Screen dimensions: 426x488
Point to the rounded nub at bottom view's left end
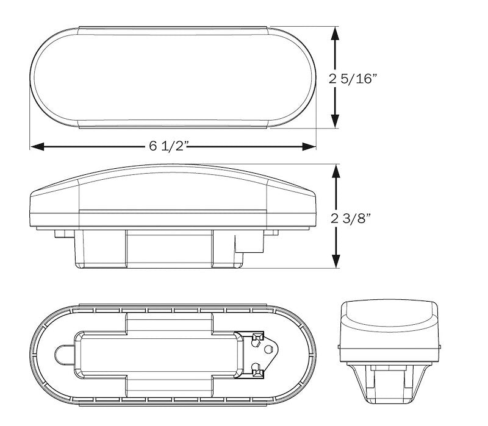pos(63,353)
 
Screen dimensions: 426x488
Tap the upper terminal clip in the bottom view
pos(257,337)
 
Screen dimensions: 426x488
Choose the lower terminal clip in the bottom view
pos(257,369)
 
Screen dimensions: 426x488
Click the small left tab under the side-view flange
pos(60,233)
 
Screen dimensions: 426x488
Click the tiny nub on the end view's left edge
pos(339,346)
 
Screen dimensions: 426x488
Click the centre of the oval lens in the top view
pos(173,77)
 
